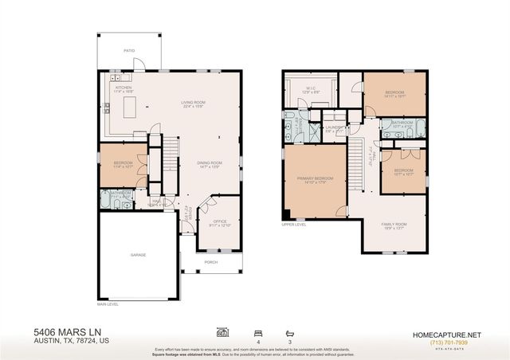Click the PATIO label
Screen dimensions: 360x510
tap(128, 49)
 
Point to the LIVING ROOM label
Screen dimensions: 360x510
tap(190, 102)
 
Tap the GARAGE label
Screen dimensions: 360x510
tap(139, 255)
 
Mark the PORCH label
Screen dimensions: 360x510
tap(211, 262)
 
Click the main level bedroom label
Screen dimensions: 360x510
tap(112, 164)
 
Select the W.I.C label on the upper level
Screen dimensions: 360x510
tap(311, 88)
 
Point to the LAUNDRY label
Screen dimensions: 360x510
tap(334, 126)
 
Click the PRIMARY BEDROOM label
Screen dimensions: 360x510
tap(316, 178)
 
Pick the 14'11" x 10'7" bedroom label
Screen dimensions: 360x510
tap(395, 93)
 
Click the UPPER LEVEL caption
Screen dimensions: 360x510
tap(294, 225)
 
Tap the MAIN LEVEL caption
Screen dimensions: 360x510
tap(108, 303)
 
